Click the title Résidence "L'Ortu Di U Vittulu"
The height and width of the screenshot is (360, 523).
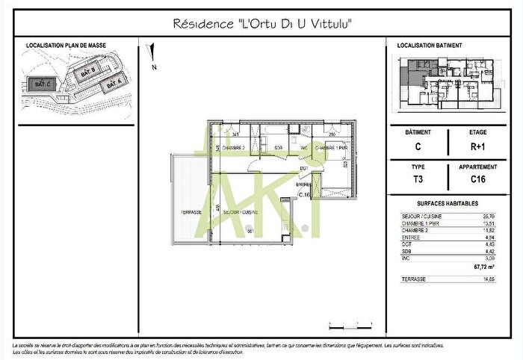(261, 25)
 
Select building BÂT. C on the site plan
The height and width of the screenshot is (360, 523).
(42, 84)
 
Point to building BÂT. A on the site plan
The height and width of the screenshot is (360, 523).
(113, 85)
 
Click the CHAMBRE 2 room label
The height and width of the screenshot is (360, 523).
(234, 148)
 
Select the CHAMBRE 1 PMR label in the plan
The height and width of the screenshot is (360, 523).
(332, 148)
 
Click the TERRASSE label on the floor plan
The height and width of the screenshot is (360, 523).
(192, 212)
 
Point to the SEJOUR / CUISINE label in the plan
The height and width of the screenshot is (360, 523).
(241, 212)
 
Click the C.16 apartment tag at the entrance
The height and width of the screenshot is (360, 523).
(304, 193)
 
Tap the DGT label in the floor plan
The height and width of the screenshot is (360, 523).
(304, 168)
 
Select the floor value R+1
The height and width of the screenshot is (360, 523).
(478, 146)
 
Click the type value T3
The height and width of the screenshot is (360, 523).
(418, 179)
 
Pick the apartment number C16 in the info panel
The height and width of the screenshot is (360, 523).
(478, 179)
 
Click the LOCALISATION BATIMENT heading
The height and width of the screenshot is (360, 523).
(430, 46)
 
